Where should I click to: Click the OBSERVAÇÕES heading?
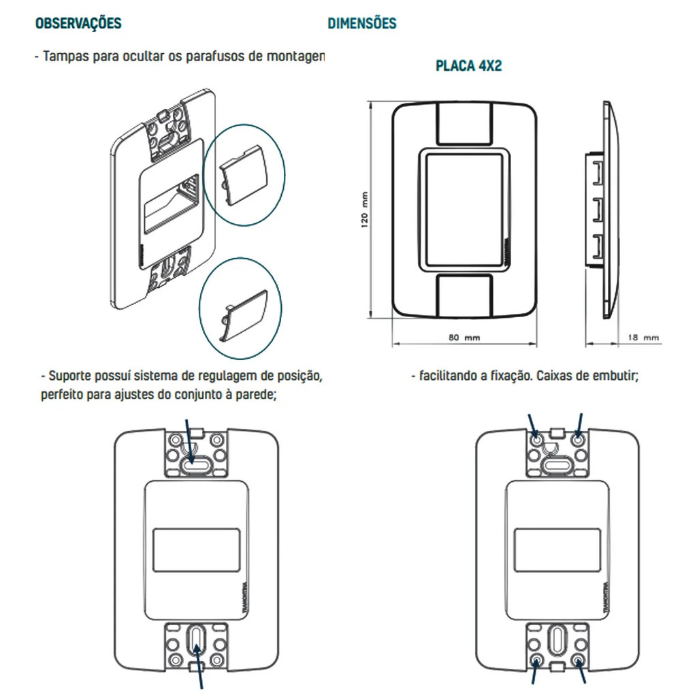[78, 23]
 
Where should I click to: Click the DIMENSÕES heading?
[361, 23]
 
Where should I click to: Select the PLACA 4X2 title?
[468, 67]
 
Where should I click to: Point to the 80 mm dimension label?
[464, 337]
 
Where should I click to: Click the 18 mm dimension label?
[643, 337]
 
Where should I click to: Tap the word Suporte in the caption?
[73, 376]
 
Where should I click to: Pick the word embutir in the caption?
[615, 376]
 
